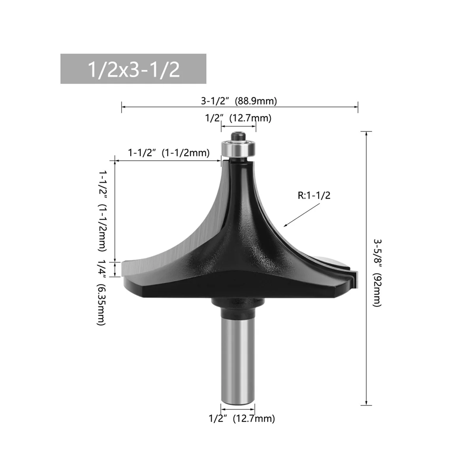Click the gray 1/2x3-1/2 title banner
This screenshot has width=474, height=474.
click(x=133, y=69)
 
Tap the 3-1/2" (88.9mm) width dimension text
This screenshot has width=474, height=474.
click(x=239, y=101)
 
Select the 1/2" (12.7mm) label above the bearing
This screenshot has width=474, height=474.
click(x=238, y=118)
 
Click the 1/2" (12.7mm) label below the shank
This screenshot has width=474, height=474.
click(x=242, y=418)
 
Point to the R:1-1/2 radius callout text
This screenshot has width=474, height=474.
click(x=314, y=195)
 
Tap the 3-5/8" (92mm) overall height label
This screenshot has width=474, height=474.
click(x=377, y=273)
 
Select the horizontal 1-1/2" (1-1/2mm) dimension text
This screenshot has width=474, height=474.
click(x=169, y=153)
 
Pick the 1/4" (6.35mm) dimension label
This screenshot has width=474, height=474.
click(x=102, y=293)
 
